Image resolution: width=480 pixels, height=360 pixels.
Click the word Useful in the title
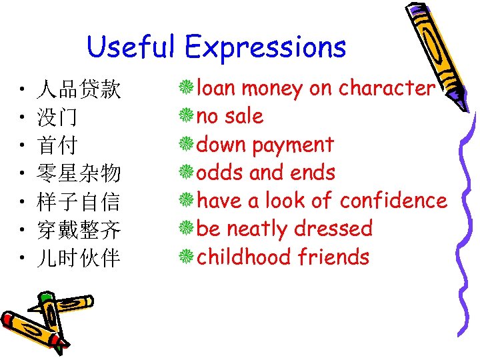131,47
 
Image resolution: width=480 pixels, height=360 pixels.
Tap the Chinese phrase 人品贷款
79,89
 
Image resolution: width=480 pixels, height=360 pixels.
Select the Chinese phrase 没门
57,118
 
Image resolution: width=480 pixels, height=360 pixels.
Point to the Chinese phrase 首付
57,146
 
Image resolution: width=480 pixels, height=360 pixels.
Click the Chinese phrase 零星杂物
79,174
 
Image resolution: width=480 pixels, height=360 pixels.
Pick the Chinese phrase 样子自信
79,202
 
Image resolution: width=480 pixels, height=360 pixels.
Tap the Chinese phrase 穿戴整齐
79,231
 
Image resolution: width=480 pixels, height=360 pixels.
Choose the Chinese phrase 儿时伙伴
79,259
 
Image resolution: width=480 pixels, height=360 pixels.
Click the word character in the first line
387,88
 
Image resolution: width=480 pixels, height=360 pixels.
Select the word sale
243,116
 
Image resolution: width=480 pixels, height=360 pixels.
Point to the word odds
221,173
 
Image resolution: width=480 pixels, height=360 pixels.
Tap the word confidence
393,200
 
